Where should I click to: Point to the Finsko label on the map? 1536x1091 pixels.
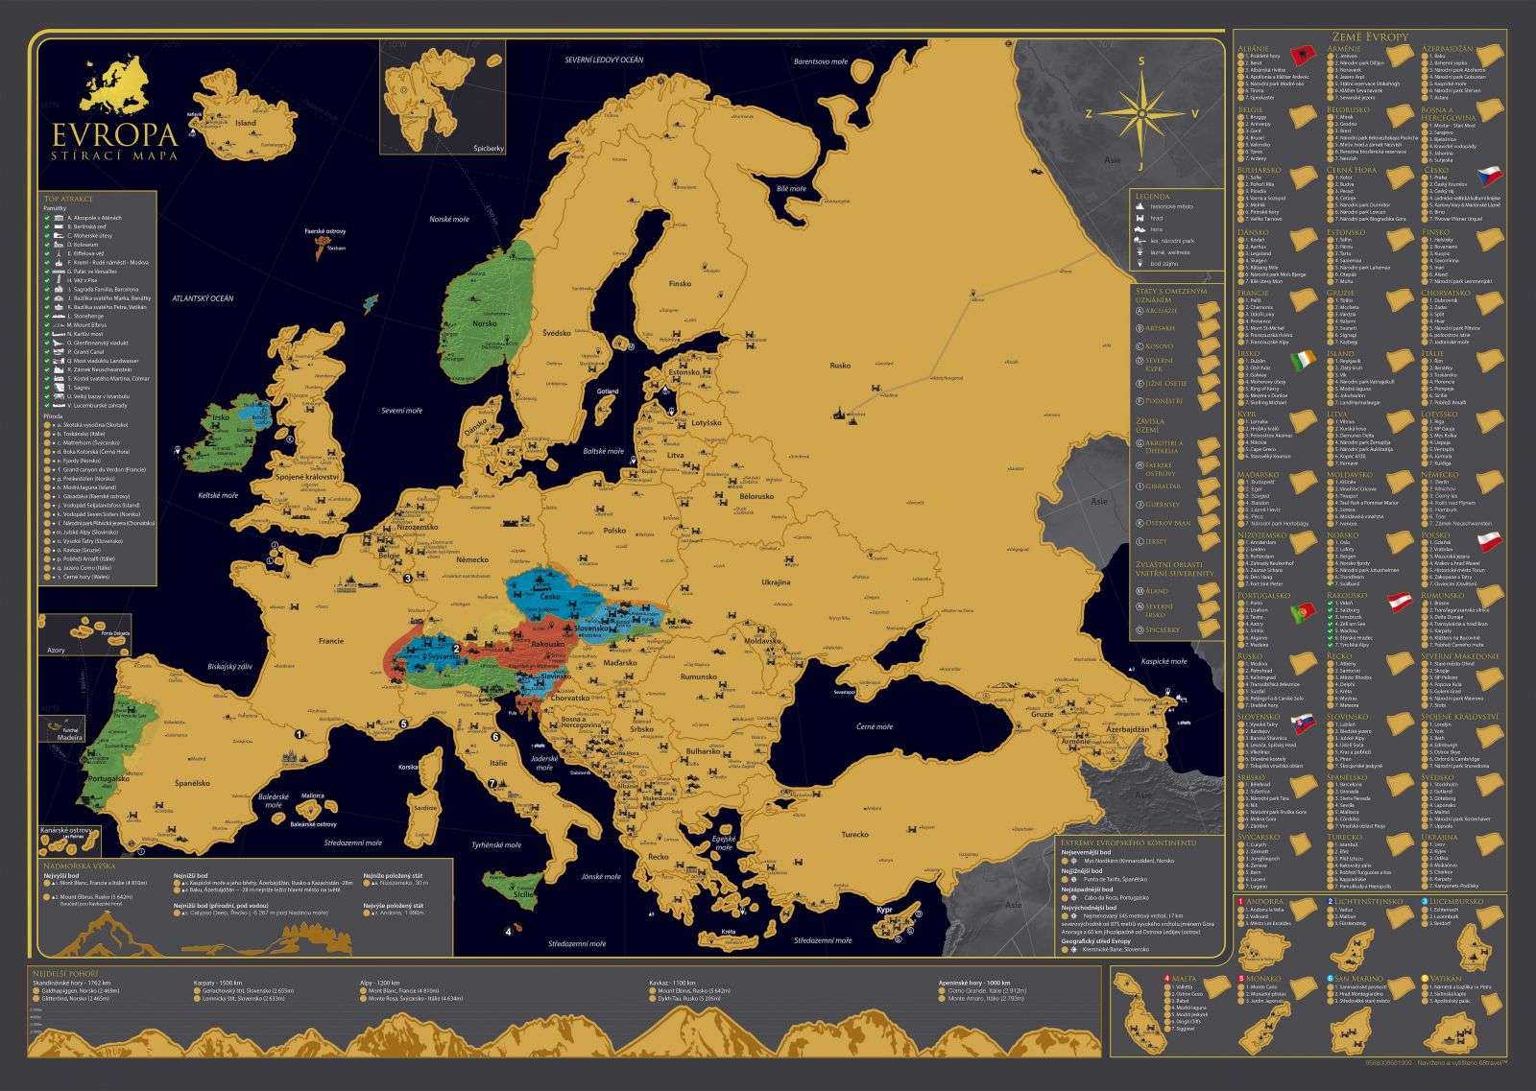pyautogui.click(x=680, y=284)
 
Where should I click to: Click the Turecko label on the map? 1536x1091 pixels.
pyautogui.click(x=854, y=834)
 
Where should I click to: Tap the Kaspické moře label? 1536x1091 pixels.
pyautogui.click(x=1164, y=661)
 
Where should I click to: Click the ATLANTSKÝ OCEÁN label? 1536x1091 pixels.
pyautogui.click(x=203, y=298)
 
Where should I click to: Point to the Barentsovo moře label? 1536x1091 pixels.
pyautogui.click(x=821, y=61)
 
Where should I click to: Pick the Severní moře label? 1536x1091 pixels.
pyautogui.click(x=403, y=410)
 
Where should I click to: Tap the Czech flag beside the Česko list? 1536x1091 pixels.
pyautogui.click(x=1489, y=176)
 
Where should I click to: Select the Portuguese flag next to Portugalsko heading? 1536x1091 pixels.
pyautogui.click(x=1303, y=610)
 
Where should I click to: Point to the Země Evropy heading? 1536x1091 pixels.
pyautogui.click(x=1370, y=36)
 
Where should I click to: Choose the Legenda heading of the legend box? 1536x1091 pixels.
pyautogui.click(x=1152, y=196)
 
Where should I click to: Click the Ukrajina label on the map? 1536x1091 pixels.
pyautogui.click(x=776, y=582)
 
